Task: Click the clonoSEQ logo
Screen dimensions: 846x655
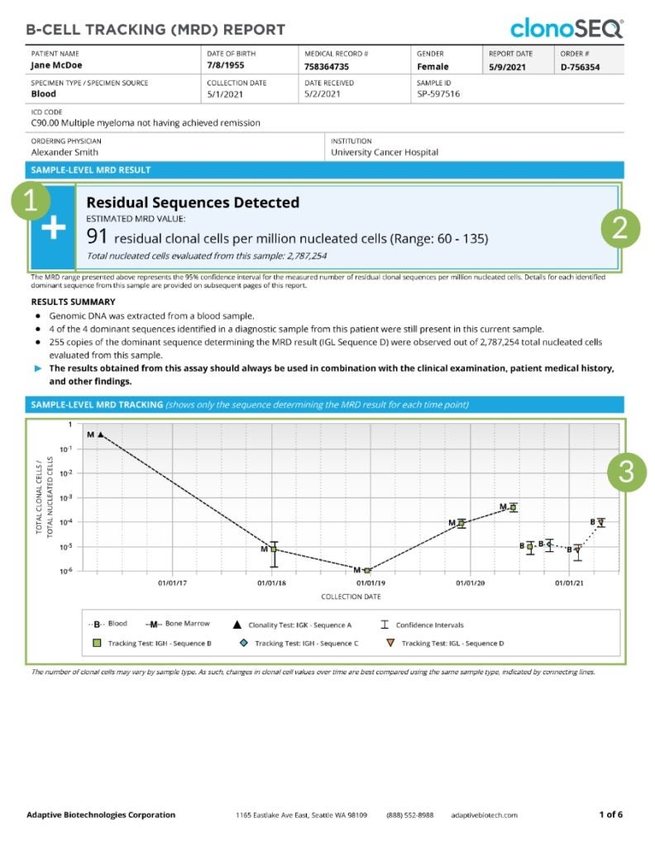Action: (x=567, y=28)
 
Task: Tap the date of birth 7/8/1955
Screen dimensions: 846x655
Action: (x=223, y=67)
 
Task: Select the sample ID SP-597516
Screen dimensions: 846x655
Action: (x=438, y=94)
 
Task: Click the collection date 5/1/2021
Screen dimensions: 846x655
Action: (x=227, y=94)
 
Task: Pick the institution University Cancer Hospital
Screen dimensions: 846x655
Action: (x=385, y=152)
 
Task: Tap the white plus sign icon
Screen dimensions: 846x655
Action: (x=53, y=229)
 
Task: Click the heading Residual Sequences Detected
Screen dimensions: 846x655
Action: (x=193, y=202)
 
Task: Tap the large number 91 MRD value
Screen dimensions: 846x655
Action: (x=98, y=237)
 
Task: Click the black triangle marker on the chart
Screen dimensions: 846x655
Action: (x=101, y=434)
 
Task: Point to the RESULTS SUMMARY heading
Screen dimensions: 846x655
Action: (x=73, y=302)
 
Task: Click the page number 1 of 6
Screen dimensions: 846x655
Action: (x=610, y=815)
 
